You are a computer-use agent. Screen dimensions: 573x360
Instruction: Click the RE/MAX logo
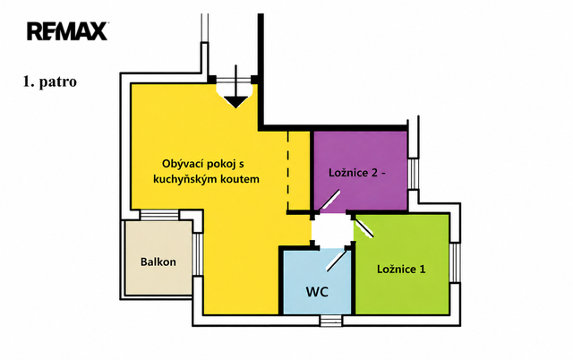click(67, 31)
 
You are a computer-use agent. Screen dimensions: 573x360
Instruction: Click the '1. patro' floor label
click(50, 81)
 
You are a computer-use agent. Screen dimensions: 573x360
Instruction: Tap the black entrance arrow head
click(235, 102)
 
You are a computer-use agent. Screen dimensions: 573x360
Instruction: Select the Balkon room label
click(158, 261)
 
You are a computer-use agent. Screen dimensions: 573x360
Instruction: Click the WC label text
click(317, 292)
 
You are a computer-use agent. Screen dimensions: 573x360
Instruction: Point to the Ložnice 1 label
click(401, 270)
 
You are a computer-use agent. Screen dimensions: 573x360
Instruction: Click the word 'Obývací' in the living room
click(183, 164)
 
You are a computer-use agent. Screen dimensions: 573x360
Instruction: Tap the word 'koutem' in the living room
click(243, 179)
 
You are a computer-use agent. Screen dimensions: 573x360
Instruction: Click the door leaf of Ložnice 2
click(329, 201)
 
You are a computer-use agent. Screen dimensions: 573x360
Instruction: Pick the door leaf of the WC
click(337, 260)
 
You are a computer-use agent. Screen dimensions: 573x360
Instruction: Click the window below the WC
click(331, 321)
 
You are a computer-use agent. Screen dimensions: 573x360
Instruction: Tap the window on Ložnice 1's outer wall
click(455, 262)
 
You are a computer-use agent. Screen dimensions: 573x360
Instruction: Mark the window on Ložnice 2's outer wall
click(414, 174)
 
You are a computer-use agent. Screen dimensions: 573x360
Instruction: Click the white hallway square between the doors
click(332, 231)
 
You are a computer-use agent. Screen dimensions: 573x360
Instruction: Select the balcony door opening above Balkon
click(159, 215)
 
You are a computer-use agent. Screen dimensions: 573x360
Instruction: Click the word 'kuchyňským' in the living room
click(187, 179)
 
